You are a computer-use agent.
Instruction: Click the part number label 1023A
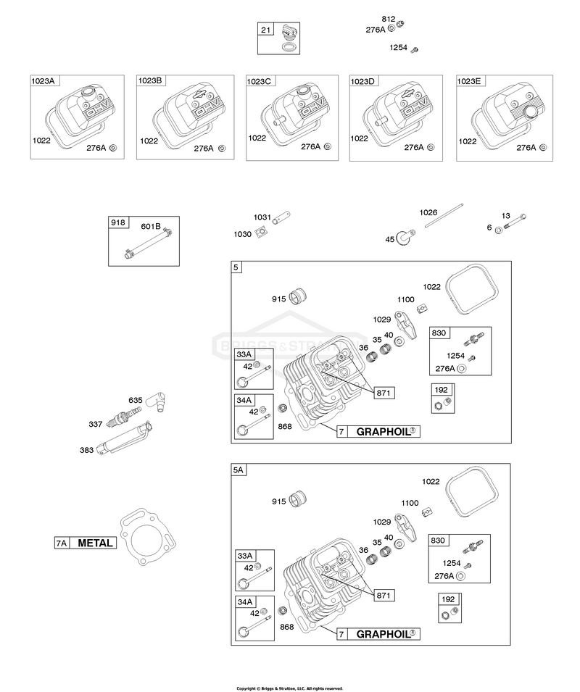(43, 80)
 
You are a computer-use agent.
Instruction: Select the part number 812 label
(389, 19)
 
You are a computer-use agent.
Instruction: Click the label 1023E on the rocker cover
(469, 81)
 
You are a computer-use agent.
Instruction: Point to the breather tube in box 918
(149, 243)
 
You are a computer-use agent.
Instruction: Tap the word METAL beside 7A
(96, 543)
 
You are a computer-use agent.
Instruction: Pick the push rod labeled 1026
(444, 215)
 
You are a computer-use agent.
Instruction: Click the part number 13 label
(506, 216)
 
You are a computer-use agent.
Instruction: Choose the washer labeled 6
(498, 230)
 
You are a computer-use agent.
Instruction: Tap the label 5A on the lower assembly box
(238, 470)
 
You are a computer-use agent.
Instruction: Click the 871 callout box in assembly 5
(384, 393)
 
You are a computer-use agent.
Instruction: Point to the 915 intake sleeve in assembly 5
(298, 296)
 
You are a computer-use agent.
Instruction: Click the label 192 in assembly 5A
(448, 599)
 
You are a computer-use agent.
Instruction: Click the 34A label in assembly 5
(244, 400)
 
